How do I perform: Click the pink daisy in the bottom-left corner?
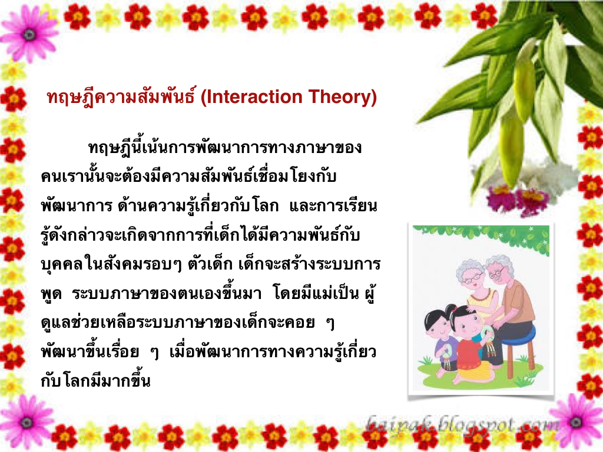coord(26,423)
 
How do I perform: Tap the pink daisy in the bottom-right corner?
coord(576,422)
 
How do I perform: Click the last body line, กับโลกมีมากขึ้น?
coord(95,381)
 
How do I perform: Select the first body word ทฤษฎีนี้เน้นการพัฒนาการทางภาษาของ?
coord(224,148)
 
